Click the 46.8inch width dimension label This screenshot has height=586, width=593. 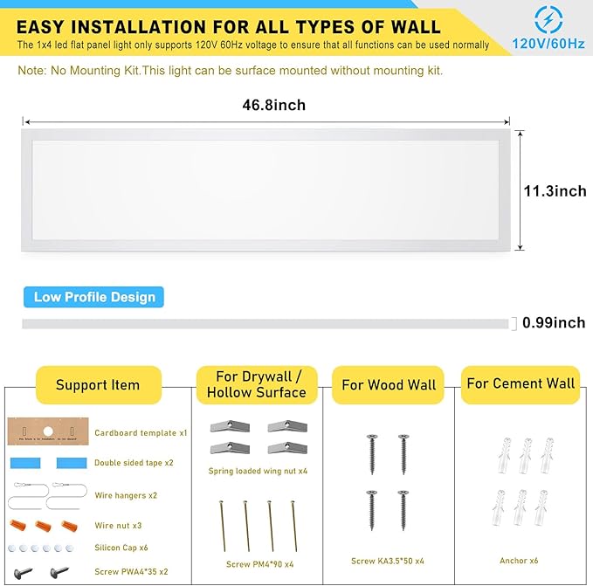[x=273, y=105]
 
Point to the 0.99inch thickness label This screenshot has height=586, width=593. [x=554, y=323]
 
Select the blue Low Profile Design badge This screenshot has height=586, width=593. [x=94, y=297]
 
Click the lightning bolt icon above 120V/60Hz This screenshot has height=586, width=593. [x=548, y=18]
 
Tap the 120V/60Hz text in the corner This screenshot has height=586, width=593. [x=548, y=43]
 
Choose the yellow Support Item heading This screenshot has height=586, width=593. [x=98, y=385]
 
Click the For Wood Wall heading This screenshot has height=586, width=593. [x=390, y=384]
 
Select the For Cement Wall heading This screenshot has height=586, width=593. [x=521, y=383]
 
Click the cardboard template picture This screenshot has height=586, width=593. [x=49, y=431]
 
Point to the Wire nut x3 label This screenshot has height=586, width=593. [x=117, y=526]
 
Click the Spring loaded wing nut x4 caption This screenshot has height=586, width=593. [x=258, y=471]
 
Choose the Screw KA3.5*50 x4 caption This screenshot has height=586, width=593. [x=387, y=561]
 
